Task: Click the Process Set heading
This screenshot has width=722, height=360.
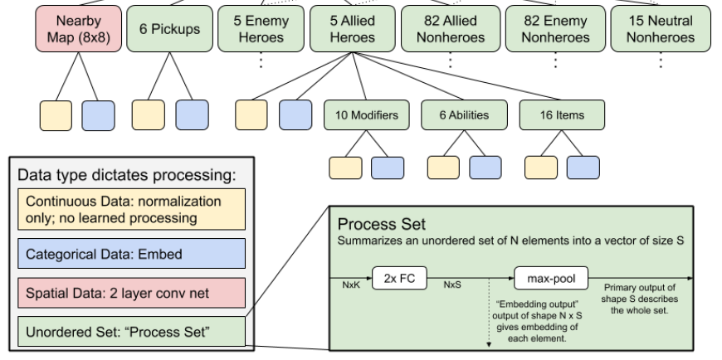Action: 376,225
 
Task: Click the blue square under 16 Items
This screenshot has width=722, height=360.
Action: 583,166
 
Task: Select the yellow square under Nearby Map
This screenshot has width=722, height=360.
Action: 55,116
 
